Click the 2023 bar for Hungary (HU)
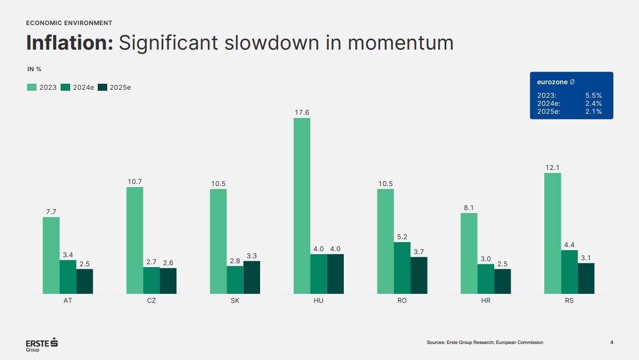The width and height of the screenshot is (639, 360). (302, 206)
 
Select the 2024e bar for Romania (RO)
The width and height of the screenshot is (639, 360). (402, 268)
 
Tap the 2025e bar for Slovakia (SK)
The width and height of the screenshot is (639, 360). (252, 277)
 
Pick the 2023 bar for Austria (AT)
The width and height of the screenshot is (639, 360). (51, 255)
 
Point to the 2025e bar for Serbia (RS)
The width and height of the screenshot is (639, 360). (586, 278)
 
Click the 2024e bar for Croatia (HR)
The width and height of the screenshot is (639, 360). (486, 279)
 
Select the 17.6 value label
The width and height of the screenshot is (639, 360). (302, 112)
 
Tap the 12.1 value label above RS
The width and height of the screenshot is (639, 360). (553, 167)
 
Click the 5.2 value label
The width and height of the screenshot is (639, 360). (402, 237)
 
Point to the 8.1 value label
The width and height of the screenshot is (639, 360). (469, 208)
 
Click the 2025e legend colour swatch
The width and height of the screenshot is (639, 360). (102, 87)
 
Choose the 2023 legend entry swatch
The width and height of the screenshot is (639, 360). (32, 87)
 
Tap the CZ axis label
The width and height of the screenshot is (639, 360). (151, 301)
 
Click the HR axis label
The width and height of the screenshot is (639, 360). (486, 301)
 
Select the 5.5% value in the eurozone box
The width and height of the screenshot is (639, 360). (593, 95)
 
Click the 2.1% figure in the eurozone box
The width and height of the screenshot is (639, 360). (593, 111)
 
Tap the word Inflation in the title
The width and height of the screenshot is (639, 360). (70, 43)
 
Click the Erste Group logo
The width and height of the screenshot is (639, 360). (42, 344)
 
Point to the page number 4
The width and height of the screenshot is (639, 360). (611, 342)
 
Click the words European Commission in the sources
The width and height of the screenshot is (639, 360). (520, 342)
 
